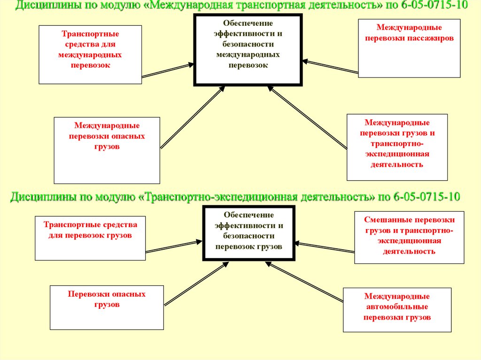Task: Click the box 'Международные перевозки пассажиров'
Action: pyautogui.click(x=409, y=48)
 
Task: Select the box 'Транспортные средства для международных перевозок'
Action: pyautogui.click(x=90, y=54)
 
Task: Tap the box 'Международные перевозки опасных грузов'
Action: pyautogui.click(x=107, y=150)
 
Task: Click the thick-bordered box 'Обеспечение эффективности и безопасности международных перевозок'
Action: pyautogui.click(x=248, y=50)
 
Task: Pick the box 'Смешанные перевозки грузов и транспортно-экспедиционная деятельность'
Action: pyautogui.click(x=405, y=237)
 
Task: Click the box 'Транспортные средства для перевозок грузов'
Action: pyautogui.click(x=90, y=238)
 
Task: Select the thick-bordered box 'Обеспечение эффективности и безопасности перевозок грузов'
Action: pyautogui.click(x=248, y=232)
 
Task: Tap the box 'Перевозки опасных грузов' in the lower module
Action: pyautogui.click(x=107, y=307)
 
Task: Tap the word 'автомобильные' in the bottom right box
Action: pyautogui.click(x=397, y=307)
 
